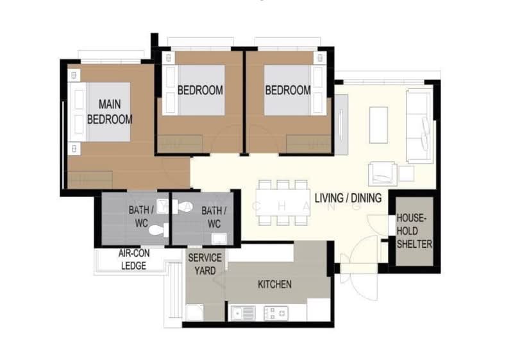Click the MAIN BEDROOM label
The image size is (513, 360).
click(110, 112)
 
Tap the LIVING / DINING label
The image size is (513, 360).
click(348, 198)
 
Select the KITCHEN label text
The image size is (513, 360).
click(275, 284)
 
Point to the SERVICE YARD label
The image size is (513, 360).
click(205, 264)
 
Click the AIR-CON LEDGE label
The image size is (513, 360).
click(134, 259)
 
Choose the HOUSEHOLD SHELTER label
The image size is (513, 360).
click(414, 231)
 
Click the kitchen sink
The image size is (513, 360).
click(243, 313)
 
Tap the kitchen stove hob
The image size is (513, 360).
click(276, 313)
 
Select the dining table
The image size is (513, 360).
click(283, 202)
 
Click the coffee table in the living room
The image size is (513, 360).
click(378, 125)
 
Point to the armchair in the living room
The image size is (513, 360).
click(383, 173)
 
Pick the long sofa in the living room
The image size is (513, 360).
click(419, 126)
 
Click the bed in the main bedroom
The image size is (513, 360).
click(99, 112)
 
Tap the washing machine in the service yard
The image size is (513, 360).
click(195, 313)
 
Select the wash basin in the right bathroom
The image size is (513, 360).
click(219, 239)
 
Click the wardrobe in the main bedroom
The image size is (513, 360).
click(90, 179)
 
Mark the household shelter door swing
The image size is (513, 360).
click(378, 225)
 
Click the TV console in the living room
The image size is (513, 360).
click(341, 124)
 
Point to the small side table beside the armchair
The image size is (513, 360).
click(407, 173)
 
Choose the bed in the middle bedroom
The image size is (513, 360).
click(194, 90)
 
